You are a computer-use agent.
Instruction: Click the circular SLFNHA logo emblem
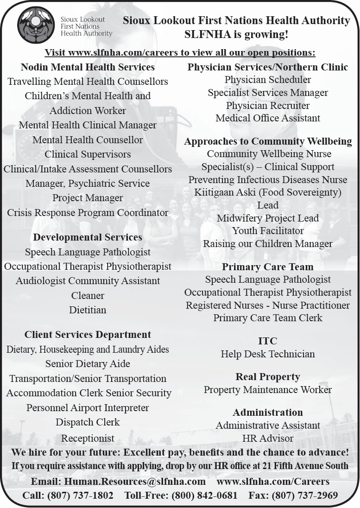(36, 25)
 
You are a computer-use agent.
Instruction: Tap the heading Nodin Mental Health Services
(88, 67)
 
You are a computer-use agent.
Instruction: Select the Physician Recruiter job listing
(268, 106)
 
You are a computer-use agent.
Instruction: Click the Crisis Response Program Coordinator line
(88, 213)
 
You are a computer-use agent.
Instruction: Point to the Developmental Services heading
(88, 237)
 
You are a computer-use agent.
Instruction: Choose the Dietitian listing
(88, 310)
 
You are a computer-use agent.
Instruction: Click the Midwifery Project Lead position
(268, 218)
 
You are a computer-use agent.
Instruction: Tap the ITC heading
(268, 341)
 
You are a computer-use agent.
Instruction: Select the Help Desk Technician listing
(268, 354)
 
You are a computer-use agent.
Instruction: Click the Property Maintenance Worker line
(268, 390)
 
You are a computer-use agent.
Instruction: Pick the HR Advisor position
(268, 438)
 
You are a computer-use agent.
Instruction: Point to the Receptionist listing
(88, 438)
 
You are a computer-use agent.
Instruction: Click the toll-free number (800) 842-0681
(204, 495)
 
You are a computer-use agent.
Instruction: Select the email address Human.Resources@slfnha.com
(135, 482)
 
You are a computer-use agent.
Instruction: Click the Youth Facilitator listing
(268, 231)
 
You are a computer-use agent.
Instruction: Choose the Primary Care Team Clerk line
(268, 318)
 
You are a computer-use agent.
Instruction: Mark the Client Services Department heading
(88, 335)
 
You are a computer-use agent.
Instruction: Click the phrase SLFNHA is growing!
(236, 34)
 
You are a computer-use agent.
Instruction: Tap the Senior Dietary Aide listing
(88, 364)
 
